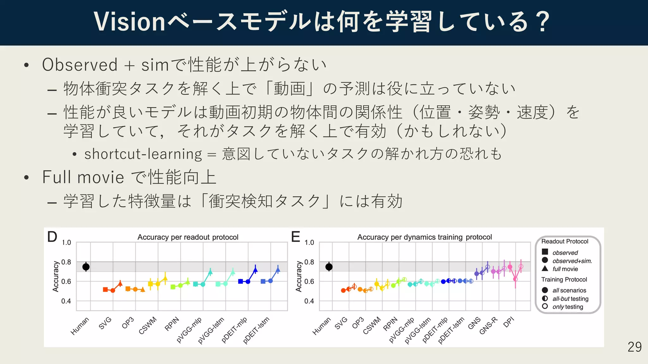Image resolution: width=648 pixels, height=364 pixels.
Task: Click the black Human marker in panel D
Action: (86, 267)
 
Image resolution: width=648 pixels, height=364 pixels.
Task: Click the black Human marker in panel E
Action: (329, 267)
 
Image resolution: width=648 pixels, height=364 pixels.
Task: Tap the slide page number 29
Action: (634, 347)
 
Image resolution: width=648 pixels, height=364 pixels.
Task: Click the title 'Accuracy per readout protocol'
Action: (188, 237)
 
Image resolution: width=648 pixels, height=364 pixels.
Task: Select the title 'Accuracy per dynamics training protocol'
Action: (424, 237)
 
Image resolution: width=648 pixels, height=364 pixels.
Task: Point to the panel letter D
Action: (52, 237)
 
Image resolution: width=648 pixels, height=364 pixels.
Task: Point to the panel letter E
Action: (296, 237)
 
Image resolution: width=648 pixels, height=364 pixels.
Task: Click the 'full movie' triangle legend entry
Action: (565, 269)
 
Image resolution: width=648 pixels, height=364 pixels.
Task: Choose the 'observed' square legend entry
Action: (565, 252)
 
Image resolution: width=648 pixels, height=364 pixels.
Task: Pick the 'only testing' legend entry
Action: (567, 306)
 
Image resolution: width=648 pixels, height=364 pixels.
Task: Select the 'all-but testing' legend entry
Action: (570, 299)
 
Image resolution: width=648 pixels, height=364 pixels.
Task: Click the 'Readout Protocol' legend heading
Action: (565, 241)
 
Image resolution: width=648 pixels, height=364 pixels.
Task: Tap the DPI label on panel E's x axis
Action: (509, 322)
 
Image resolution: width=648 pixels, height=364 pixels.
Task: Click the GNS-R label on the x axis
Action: (488, 326)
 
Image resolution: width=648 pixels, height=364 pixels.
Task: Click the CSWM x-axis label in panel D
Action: (148, 325)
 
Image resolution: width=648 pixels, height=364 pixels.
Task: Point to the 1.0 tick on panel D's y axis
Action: (66, 243)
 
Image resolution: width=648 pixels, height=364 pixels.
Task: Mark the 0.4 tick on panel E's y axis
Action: (309, 301)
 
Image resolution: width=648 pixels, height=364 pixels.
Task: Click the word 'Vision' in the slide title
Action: (129, 22)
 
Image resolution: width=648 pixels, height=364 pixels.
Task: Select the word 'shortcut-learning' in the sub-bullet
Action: (143, 154)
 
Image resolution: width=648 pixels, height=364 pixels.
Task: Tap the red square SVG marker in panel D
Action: (105, 289)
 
